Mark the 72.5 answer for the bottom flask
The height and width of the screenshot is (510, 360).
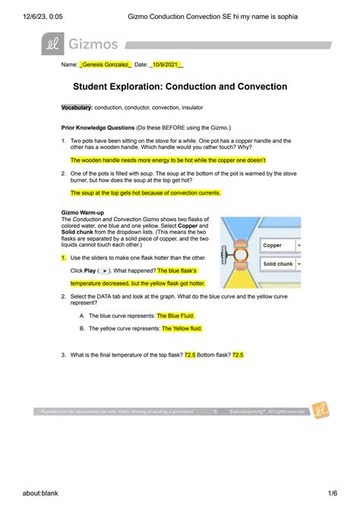coord(237,355)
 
